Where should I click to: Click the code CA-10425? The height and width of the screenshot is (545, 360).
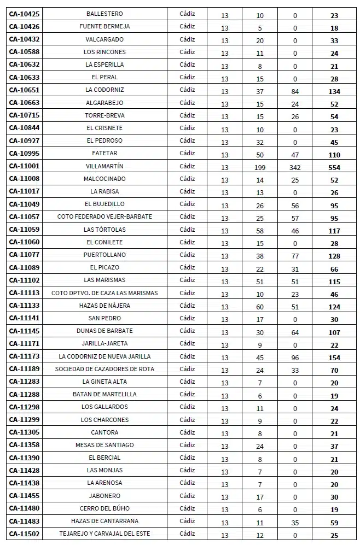(x=24, y=14)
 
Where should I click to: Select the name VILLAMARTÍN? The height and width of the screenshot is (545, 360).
(x=104, y=166)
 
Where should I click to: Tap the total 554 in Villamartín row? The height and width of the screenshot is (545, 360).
(x=334, y=168)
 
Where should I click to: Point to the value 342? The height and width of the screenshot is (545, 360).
(x=295, y=168)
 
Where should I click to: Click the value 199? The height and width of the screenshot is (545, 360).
(x=260, y=168)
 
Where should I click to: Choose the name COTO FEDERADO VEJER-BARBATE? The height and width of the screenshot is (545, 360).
(x=104, y=217)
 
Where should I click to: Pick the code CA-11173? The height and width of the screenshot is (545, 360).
(x=24, y=356)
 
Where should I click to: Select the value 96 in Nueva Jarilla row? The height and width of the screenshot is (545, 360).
(x=295, y=358)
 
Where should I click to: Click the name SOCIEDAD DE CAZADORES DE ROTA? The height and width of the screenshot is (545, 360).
(x=104, y=369)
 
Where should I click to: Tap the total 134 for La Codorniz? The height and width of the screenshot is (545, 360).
(x=334, y=92)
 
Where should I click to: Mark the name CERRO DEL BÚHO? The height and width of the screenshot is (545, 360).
(x=104, y=508)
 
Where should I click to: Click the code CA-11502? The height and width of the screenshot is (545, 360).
(x=24, y=534)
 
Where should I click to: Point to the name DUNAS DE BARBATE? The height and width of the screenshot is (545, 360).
(x=104, y=331)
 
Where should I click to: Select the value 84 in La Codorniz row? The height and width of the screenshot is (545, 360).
(x=295, y=92)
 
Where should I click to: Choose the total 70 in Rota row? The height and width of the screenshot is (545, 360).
(x=334, y=371)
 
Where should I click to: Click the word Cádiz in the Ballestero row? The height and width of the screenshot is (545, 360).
(x=187, y=14)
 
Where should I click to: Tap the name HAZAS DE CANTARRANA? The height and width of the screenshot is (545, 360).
(x=104, y=521)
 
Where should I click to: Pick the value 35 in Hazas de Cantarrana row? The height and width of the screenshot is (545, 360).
(x=295, y=523)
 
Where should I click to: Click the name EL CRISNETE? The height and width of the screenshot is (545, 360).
(x=104, y=128)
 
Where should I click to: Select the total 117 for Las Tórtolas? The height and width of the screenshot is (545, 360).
(x=334, y=231)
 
